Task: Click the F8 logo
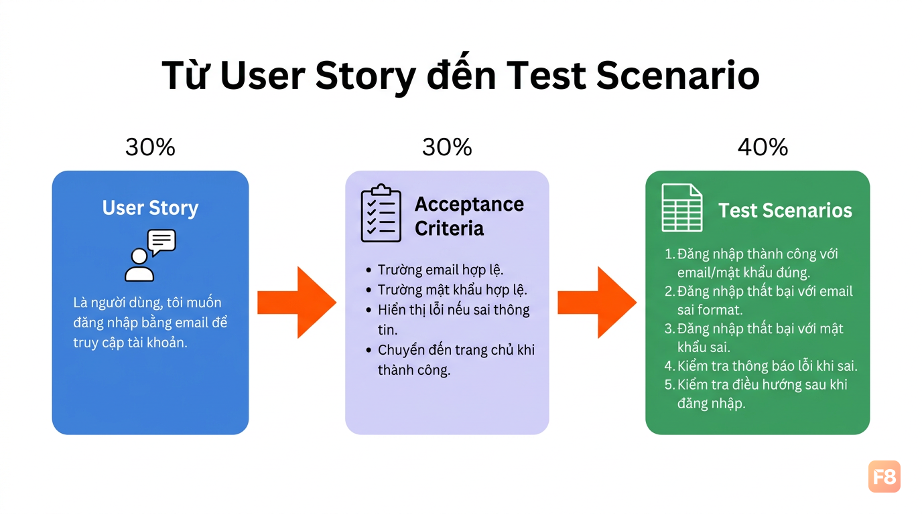click(884, 477)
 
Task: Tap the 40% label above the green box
click(763, 147)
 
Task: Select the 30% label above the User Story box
click(150, 147)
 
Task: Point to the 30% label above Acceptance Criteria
click(447, 147)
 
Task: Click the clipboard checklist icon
click(381, 213)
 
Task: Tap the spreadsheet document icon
click(682, 207)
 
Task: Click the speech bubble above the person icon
click(161, 242)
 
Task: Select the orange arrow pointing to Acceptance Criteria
click(297, 303)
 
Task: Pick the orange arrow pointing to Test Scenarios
click(597, 303)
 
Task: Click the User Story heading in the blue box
click(150, 207)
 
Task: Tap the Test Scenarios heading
click(785, 210)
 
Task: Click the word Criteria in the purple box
click(449, 228)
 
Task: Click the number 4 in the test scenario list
click(669, 366)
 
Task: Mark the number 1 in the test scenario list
click(668, 254)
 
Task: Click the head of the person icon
click(139, 256)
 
